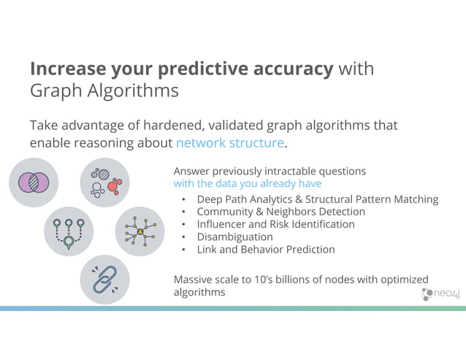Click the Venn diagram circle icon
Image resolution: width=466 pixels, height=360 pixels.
click(34, 183)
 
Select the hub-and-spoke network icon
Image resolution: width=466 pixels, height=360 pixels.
click(140, 231)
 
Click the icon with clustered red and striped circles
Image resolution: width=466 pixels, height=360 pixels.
click(104, 183)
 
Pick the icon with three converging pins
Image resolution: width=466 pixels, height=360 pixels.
click(69, 231)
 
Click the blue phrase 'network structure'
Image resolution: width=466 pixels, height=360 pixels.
click(229, 143)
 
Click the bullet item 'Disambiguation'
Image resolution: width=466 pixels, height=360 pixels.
click(234, 237)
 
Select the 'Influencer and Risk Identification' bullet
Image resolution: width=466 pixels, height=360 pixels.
click(275, 224)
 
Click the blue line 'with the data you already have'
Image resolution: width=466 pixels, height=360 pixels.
click(247, 184)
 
